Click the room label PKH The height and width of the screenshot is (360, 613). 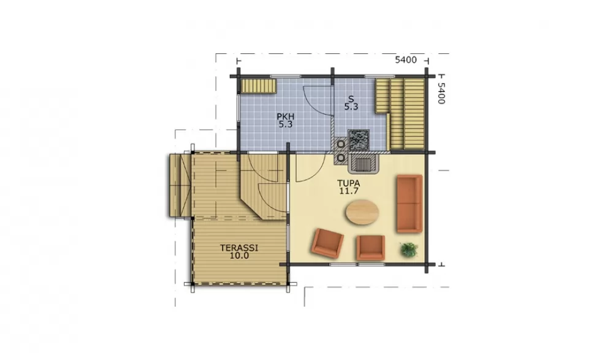(x=286, y=117)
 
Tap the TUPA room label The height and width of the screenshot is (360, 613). (x=349, y=183)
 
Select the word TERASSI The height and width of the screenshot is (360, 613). (x=239, y=248)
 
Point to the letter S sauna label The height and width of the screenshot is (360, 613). (x=351, y=99)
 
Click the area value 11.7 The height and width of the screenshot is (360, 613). (x=349, y=191)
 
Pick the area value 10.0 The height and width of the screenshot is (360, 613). (x=239, y=256)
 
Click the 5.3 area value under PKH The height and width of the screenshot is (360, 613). (x=286, y=124)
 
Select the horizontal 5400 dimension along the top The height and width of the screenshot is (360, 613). (x=406, y=60)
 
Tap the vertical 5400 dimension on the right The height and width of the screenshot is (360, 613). (x=441, y=93)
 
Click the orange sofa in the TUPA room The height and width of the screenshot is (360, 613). (x=409, y=204)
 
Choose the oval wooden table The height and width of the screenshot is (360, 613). (x=362, y=212)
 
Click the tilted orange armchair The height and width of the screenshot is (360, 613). (x=327, y=243)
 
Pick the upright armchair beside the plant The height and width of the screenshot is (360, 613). (x=370, y=247)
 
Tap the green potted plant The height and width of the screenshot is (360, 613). (x=409, y=250)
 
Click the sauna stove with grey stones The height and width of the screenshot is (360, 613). (x=359, y=140)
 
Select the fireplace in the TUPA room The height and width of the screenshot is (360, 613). (x=364, y=163)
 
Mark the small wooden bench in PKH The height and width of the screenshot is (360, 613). (x=259, y=86)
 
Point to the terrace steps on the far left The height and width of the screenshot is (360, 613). (x=180, y=185)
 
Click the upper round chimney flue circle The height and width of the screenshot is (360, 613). (x=341, y=144)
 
